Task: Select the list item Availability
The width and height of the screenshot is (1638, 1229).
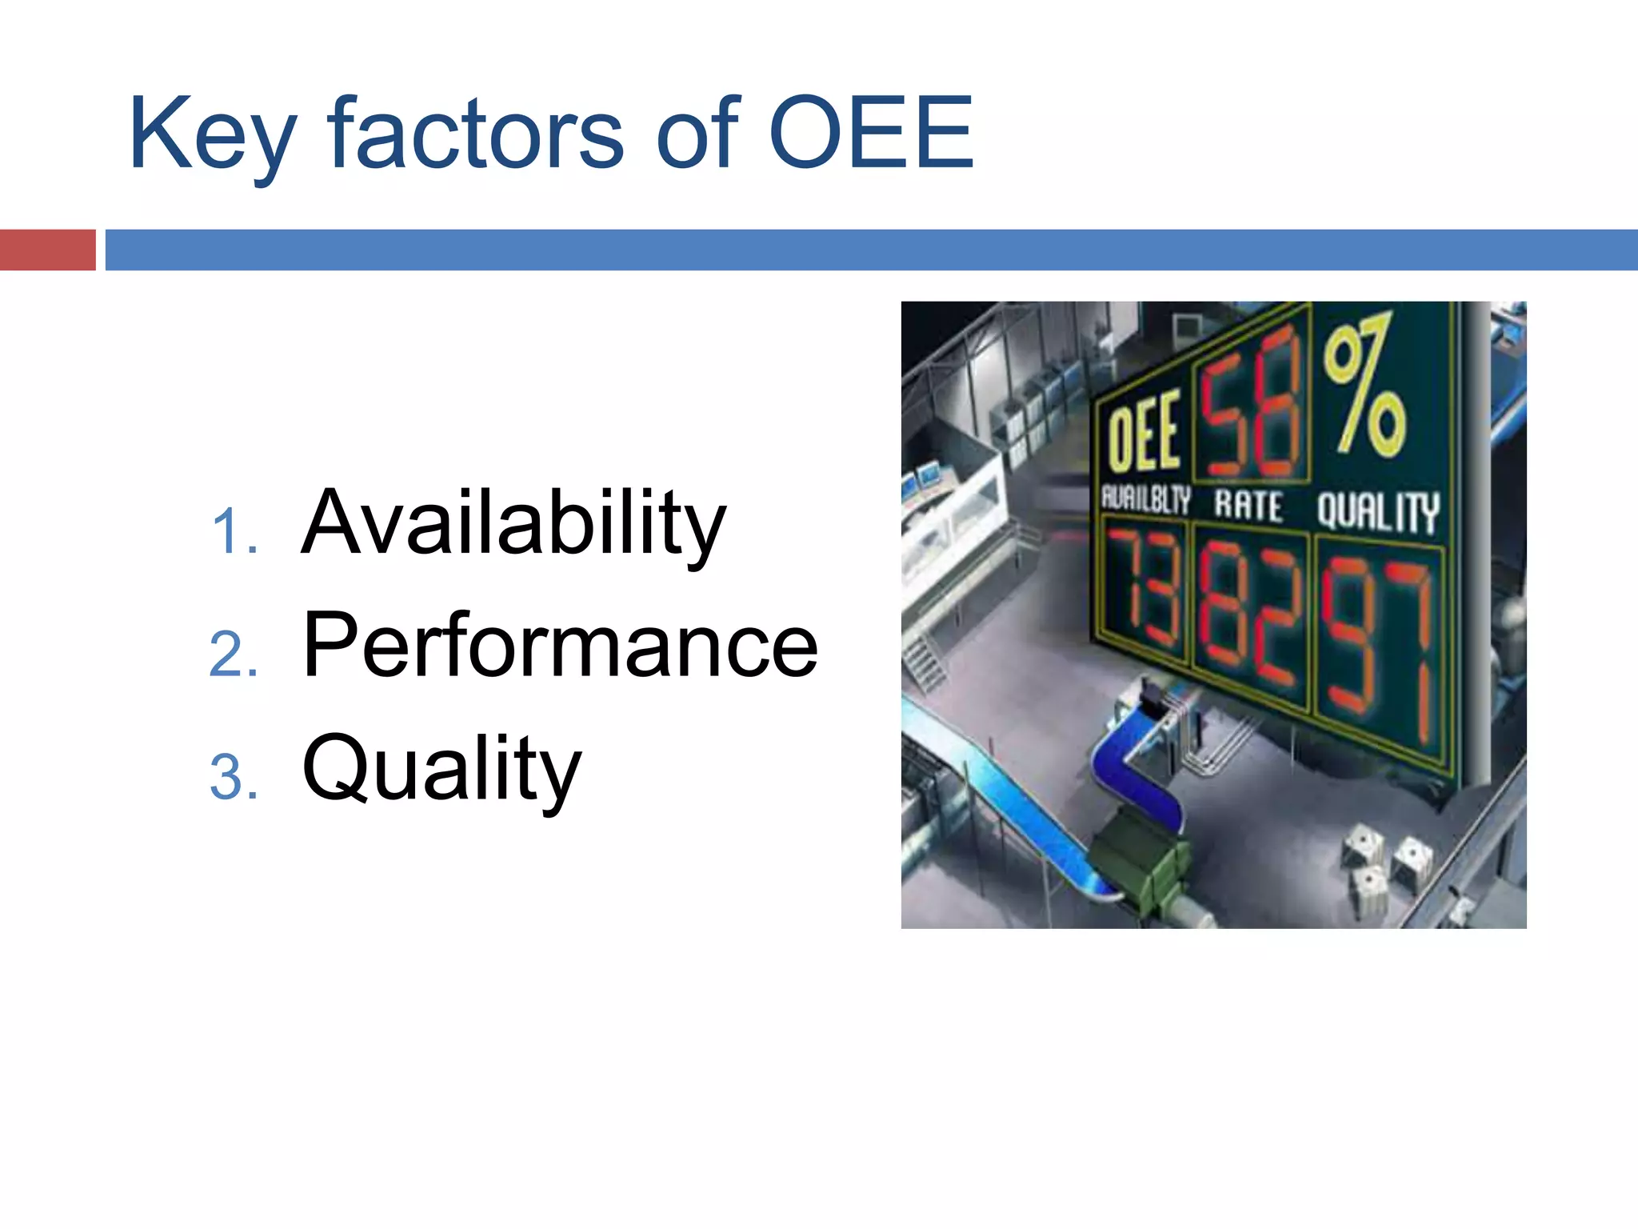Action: pyautogui.click(x=513, y=524)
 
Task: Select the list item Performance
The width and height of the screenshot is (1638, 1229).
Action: pyautogui.click(x=560, y=645)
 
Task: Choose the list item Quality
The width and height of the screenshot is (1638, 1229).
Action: pyautogui.click(x=441, y=770)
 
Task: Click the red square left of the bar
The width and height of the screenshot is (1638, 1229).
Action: pyautogui.click(x=47, y=250)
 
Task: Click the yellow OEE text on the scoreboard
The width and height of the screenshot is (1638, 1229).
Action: pyautogui.click(x=1145, y=432)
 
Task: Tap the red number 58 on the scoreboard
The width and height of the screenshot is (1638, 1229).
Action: pyautogui.click(x=1252, y=404)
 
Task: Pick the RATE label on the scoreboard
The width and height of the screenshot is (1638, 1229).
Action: pyautogui.click(x=1248, y=506)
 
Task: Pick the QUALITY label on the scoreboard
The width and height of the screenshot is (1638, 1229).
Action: pyautogui.click(x=1377, y=512)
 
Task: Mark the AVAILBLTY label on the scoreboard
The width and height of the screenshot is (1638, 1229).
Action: pyautogui.click(x=1146, y=499)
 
